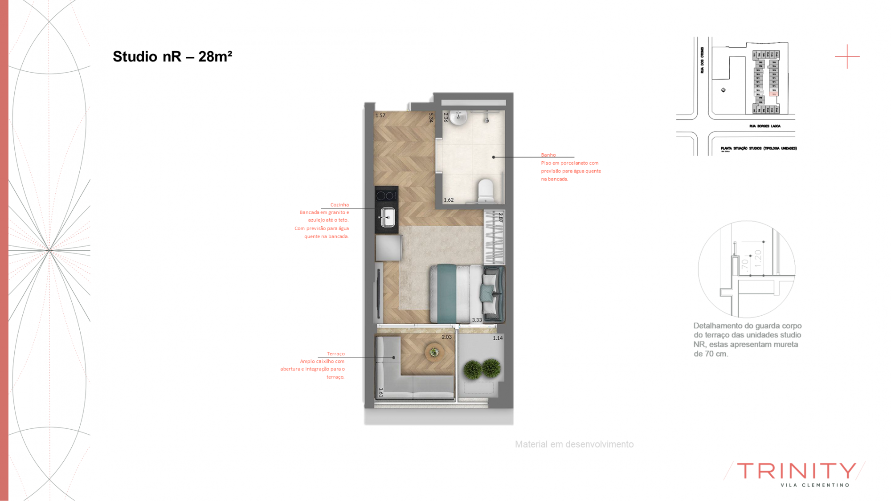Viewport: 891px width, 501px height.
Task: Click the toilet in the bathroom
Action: (x=485, y=191)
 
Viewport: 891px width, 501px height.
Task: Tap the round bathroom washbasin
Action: (x=458, y=117)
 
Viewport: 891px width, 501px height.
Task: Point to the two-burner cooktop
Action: (x=386, y=195)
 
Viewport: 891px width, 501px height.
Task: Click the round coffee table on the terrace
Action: (x=434, y=352)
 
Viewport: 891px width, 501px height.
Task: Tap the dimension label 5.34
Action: (x=431, y=118)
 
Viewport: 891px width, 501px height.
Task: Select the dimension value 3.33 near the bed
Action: (x=477, y=320)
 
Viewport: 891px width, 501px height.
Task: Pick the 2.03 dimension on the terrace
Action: (x=446, y=337)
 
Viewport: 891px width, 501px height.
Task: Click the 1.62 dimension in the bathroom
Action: (x=449, y=200)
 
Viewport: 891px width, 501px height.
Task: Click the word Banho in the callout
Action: (x=548, y=155)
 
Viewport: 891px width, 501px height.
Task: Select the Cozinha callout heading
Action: (x=339, y=205)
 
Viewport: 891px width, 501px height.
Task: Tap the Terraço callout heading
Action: (x=335, y=354)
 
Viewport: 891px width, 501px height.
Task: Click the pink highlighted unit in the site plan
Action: (x=774, y=94)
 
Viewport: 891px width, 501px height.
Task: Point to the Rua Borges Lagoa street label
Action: (x=764, y=126)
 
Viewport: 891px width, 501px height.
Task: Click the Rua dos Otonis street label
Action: (x=703, y=60)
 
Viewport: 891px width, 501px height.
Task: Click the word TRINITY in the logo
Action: (x=797, y=471)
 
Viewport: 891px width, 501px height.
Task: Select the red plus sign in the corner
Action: (x=847, y=57)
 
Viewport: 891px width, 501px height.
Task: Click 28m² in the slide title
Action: (x=215, y=57)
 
